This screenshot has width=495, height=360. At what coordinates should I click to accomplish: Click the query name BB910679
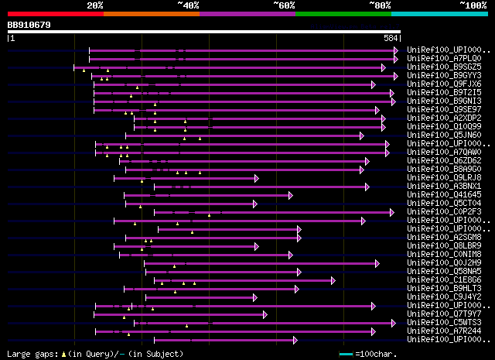29,25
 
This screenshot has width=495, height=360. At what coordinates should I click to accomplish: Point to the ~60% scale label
284,5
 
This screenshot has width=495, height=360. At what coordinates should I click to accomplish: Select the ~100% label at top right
473,5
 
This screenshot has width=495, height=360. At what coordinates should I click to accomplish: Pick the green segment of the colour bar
343,13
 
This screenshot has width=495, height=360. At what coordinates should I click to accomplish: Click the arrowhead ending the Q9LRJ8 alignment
256,178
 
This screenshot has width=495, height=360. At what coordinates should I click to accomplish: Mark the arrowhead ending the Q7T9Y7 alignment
265,314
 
